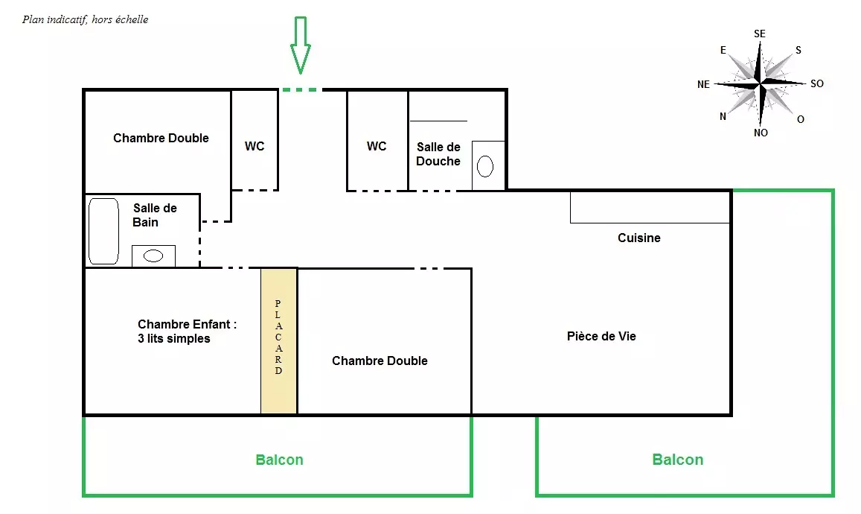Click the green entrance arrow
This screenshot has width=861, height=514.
click(x=301, y=45)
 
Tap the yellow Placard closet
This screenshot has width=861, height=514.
click(x=279, y=340)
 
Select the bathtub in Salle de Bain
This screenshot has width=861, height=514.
click(x=103, y=232)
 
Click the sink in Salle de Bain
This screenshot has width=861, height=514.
click(x=153, y=256)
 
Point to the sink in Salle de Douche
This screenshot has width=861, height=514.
click(x=485, y=166)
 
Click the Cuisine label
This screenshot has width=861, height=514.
click(x=639, y=238)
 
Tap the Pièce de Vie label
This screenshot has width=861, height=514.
click(x=601, y=337)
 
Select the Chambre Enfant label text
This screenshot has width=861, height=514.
click(x=187, y=331)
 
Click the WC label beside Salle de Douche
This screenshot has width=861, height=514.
click(x=377, y=146)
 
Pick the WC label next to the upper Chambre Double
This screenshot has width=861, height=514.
click(x=255, y=146)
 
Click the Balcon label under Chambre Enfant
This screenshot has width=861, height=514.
click(x=280, y=460)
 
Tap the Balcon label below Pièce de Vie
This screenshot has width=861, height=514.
click(x=678, y=460)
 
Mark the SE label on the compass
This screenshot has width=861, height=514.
click(x=759, y=34)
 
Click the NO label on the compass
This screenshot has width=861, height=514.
click(x=761, y=133)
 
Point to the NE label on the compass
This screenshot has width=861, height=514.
click(x=703, y=84)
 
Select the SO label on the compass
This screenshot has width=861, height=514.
click(x=817, y=83)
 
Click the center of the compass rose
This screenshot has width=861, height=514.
click(x=760, y=83)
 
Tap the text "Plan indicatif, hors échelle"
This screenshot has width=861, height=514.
click(x=85, y=20)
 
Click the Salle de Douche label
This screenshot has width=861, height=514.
click(x=438, y=154)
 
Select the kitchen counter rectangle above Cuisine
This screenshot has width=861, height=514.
click(x=650, y=207)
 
